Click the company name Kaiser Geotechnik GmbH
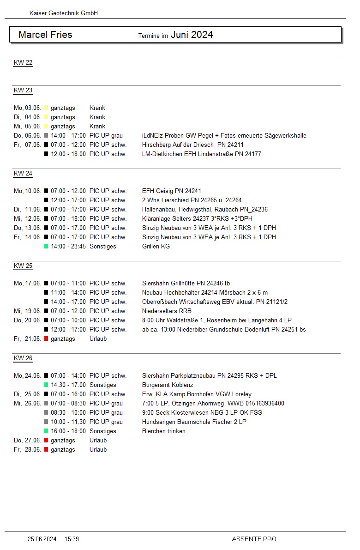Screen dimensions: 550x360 (64, 13)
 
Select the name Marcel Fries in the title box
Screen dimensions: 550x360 (45, 35)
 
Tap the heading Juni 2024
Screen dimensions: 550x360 (192, 35)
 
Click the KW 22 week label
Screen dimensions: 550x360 (23, 63)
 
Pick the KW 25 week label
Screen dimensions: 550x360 (23, 266)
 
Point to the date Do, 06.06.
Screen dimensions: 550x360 (27, 136)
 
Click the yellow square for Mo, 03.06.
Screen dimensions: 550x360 (46, 108)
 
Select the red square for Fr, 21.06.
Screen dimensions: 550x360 (46, 339)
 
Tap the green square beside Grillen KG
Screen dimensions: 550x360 (46, 247)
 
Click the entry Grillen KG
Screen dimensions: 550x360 (156, 247)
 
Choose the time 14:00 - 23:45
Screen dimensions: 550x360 (68, 247)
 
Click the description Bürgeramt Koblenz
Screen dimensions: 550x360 (168, 385)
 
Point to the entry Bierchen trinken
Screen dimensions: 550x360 (164, 431)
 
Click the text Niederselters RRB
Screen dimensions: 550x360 (167, 311)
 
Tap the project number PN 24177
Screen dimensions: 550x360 (248, 154)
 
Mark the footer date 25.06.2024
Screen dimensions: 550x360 (42, 539)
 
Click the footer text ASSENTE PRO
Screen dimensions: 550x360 (254, 539)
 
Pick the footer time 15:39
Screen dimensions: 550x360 (72, 539)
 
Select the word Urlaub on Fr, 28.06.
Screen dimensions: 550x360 (98, 450)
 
